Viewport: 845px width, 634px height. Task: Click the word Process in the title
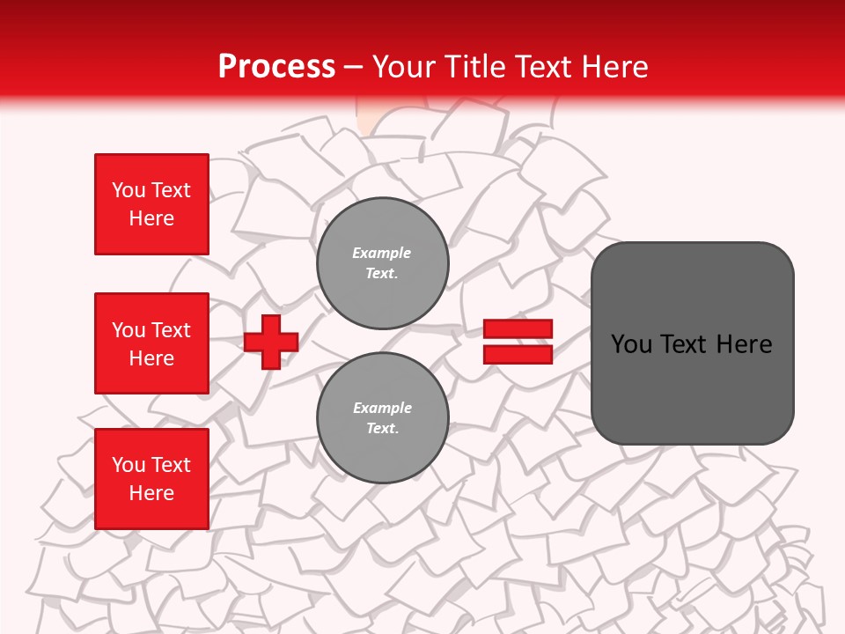(x=276, y=66)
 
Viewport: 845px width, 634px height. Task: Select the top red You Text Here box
(x=151, y=204)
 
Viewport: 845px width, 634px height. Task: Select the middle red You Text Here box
(x=151, y=343)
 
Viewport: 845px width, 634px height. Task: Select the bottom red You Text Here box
(x=151, y=479)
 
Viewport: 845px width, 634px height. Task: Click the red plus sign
(x=271, y=342)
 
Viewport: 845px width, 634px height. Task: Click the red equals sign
(x=518, y=342)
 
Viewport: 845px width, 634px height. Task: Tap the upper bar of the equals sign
(x=518, y=328)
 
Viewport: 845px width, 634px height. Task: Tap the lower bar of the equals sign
(x=518, y=354)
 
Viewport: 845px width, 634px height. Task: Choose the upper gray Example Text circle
(x=383, y=263)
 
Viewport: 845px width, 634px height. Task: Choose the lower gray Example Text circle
(x=383, y=418)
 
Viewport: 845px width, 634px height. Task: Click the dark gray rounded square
(x=692, y=343)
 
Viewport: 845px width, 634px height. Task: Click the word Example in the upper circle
(x=381, y=253)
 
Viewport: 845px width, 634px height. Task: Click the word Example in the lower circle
(x=382, y=408)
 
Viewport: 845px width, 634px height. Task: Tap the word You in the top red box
(x=129, y=190)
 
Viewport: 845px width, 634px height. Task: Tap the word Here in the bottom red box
(x=151, y=493)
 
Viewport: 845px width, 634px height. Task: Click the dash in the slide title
(x=354, y=66)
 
